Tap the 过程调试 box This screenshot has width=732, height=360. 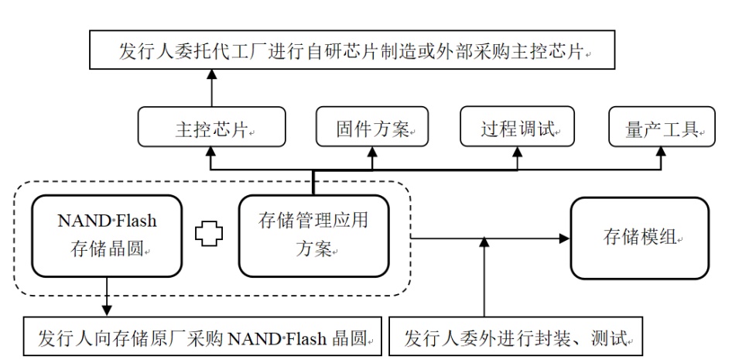coord(518,129)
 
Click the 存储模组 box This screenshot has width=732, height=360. coord(639,238)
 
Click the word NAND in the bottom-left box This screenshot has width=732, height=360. coord(248,338)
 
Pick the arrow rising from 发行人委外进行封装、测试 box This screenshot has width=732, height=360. coord(484,279)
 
